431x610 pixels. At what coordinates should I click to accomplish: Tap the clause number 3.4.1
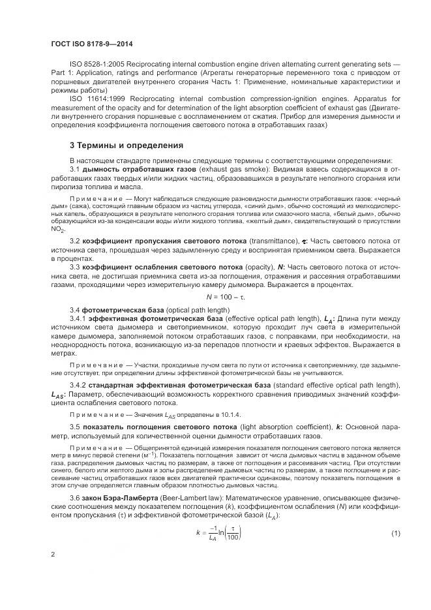[x=78, y=318]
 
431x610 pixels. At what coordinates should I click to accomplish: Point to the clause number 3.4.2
[x=78, y=386]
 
